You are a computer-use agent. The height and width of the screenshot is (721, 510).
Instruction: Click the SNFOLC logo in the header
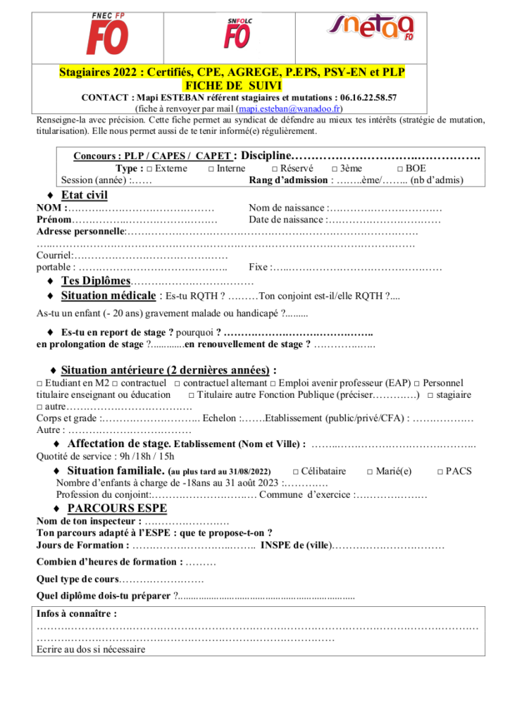click(237, 32)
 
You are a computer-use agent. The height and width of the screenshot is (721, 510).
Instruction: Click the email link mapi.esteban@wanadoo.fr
click(290, 109)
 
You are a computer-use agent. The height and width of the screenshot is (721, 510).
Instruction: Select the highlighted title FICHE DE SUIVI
click(232, 85)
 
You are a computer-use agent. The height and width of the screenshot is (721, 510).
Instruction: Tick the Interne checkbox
click(211, 168)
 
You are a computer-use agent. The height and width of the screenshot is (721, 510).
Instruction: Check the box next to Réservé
click(275, 168)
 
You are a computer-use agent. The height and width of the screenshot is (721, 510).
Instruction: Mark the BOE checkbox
click(400, 168)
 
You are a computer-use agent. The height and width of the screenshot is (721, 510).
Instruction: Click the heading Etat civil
click(85, 194)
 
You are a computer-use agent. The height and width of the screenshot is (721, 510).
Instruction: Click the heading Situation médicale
click(108, 296)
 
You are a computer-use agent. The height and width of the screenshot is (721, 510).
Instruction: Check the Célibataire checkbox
click(296, 471)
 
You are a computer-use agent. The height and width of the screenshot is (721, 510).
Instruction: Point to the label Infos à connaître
click(76, 613)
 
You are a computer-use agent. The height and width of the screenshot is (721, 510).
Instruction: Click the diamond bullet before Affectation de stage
click(56, 444)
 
